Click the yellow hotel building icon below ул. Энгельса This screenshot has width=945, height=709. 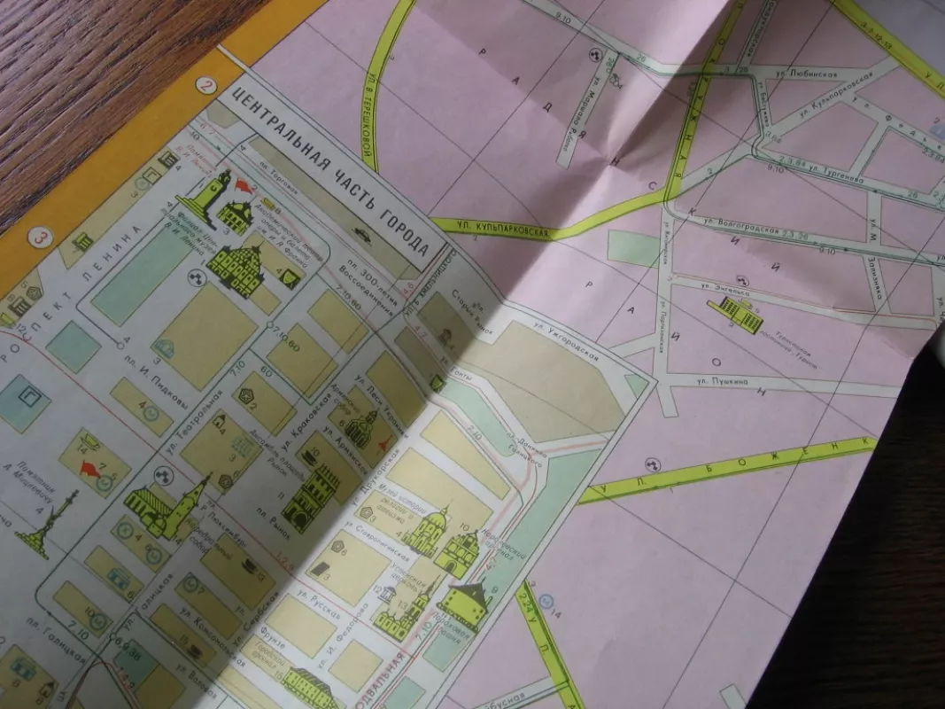point(737,314)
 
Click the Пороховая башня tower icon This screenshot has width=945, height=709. point(464,607)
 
